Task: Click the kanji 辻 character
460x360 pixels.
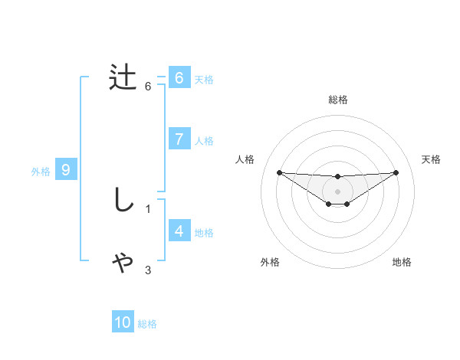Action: (x=123, y=78)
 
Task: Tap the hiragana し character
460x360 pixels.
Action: (x=123, y=200)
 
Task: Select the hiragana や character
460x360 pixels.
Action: (x=123, y=262)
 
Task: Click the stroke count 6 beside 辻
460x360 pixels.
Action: (x=148, y=87)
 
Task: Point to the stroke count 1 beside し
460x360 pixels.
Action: (x=148, y=208)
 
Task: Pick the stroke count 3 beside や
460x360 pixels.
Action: (x=148, y=270)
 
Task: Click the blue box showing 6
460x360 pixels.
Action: (x=179, y=78)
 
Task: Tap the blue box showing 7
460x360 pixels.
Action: (x=179, y=139)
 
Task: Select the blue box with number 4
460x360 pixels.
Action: (x=179, y=231)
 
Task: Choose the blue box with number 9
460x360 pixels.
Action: (x=66, y=170)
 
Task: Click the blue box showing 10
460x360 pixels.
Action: (x=123, y=322)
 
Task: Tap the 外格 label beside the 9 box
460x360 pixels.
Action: (x=41, y=172)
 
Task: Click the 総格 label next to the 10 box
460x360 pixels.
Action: (x=147, y=324)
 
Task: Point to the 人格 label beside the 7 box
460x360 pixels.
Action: (x=204, y=141)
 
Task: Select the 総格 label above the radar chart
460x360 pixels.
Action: (x=337, y=100)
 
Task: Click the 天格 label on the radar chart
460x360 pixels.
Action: (x=432, y=159)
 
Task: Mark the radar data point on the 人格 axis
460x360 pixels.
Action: (x=279, y=172)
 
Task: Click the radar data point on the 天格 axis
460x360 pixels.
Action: (x=396, y=172)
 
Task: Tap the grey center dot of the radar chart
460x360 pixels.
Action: (x=337, y=191)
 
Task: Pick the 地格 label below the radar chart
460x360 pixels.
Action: (x=402, y=262)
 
